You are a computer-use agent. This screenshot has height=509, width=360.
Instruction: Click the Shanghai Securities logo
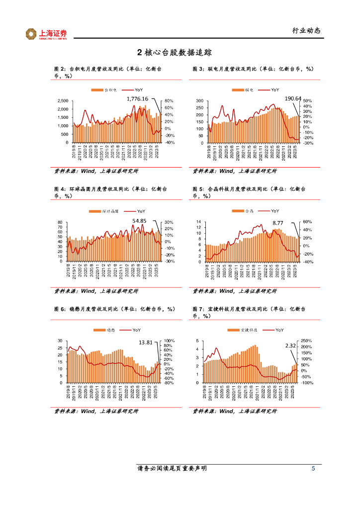[46, 34]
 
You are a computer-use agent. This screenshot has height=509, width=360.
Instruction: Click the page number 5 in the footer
[313, 469]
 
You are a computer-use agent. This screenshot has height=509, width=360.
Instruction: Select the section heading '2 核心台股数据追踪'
[180, 53]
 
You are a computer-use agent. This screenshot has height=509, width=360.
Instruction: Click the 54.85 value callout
[139, 220]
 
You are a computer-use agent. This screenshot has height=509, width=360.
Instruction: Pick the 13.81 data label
[146, 342]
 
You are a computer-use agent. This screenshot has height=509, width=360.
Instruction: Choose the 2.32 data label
[290, 345]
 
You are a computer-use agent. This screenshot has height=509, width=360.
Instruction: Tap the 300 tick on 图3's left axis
[200, 101]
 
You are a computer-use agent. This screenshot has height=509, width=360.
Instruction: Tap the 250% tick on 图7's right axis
[307, 341]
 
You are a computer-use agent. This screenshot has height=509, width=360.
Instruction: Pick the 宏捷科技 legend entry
[248, 330]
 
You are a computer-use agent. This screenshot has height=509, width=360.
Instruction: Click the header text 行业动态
[306, 31]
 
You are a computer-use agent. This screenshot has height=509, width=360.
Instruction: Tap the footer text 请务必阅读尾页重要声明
[172, 469]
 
